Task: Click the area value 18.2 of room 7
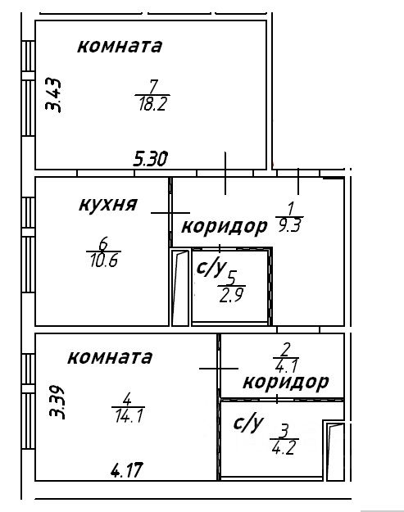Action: [x=153, y=105]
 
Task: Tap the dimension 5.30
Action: [x=151, y=159]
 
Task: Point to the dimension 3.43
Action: [x=53, y=95]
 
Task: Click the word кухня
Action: [x=108, y=205]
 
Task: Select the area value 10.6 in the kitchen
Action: [x=104, y=261]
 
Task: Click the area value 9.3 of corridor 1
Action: [x=289, y=225]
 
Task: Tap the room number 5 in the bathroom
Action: [x=232, y=279]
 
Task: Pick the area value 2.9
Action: [x=232, y=296]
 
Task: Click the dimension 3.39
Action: [x=57, y=402]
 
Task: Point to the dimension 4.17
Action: [x=127, y=470]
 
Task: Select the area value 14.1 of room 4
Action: [x=129, y=416]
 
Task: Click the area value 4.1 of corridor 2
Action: [x=286, y=365]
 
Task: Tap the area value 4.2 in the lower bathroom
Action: [x=284, y=447]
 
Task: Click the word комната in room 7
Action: [x=120, y=46]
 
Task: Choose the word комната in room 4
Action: [x=110, y=357]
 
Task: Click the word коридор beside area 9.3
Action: [x=224, y=227]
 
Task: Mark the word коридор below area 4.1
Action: [x=286, y=382]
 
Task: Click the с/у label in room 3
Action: [x=248, y=424]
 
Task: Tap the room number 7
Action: [x=153, y=87]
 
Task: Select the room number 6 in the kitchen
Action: [x=103, y=243]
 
